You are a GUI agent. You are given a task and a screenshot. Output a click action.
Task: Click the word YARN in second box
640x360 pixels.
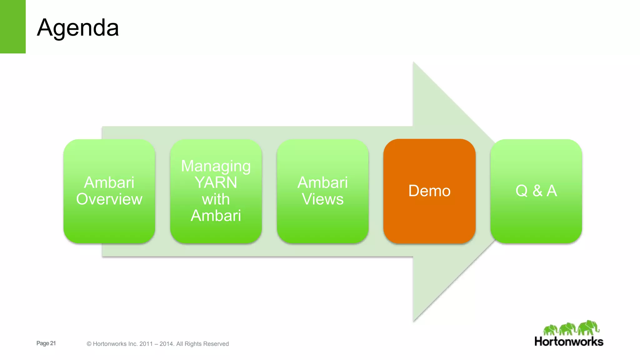[x=216, y=182]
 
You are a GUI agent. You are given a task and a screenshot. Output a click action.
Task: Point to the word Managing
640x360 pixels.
[x=216, y=166]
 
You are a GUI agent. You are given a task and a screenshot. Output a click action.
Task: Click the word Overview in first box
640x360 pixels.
[x=109, y=199]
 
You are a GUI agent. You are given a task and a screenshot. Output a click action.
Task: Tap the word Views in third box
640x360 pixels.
[x=322, y=199]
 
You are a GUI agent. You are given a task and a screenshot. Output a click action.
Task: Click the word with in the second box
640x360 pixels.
[x=216, y=199]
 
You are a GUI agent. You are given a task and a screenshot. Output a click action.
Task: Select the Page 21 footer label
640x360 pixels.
[x=46, y=343]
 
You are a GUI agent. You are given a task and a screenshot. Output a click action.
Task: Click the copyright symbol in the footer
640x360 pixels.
[x=89, y=344]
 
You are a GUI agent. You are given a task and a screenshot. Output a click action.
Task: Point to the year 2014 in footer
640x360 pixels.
[x=166, y=344]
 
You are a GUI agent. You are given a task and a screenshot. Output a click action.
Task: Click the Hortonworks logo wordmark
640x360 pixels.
[x=569, y=342]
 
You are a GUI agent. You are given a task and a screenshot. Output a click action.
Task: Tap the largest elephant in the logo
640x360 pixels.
[x=588, y=327]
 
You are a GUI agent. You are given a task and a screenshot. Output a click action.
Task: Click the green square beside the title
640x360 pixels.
[x=12, y=27]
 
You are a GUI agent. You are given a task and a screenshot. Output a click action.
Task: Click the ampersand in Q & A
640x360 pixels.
[x=537, y=191]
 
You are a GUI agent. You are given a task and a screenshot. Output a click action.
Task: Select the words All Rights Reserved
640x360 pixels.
[x=202, y=344]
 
